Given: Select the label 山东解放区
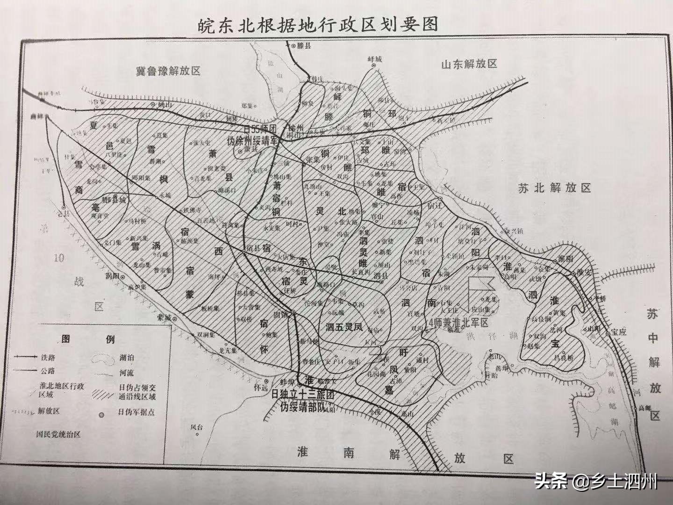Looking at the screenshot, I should coord(469,64).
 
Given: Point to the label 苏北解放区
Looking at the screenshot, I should coord(554,188).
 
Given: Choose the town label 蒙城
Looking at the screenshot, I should coord(165,317).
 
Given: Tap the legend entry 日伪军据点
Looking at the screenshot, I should coord(136,412).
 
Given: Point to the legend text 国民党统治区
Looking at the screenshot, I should coord(58,434).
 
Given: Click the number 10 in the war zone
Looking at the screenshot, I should coord(58,258).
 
